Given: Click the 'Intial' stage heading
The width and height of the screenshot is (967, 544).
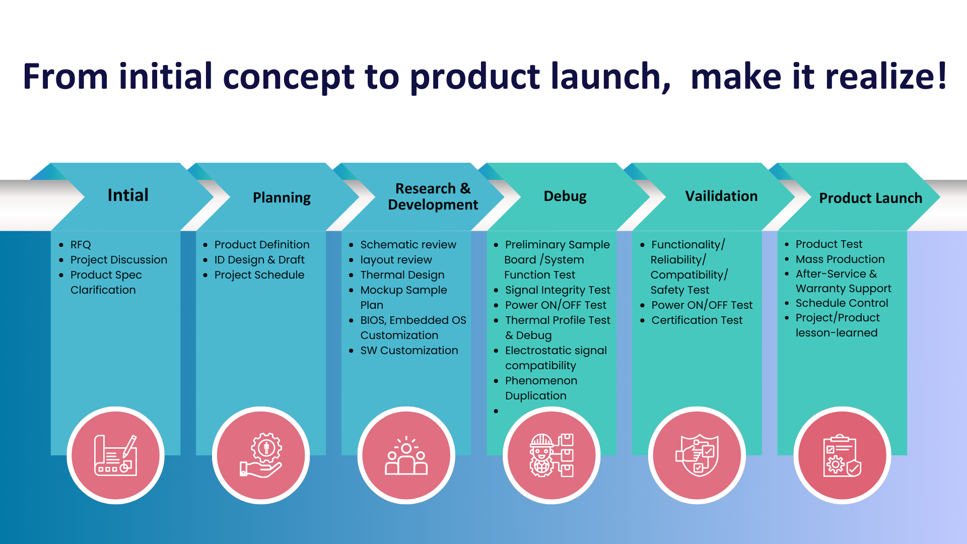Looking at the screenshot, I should (x=128, y=195).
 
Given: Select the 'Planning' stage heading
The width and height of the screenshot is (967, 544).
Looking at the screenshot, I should (x=282, y=198).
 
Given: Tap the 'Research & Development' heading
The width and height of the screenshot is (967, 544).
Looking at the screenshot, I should (x=433, y=196).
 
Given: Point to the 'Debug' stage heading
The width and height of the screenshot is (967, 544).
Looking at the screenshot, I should (x=565, y=196).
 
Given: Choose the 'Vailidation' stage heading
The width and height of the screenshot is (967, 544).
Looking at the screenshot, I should (x=721, y=196).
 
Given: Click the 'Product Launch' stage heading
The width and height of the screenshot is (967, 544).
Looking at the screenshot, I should (x=870, y=198).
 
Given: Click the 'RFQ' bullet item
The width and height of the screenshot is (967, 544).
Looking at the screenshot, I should (x=81, y=245).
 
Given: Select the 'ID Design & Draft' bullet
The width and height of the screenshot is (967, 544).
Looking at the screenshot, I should (x=259, y=260).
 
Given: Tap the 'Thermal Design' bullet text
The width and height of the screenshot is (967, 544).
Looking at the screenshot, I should (x=402, y=275).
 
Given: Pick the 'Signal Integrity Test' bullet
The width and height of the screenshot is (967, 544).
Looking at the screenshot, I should (x=558, y=290).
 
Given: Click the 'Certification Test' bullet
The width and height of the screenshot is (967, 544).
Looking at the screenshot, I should (x=697, y=320).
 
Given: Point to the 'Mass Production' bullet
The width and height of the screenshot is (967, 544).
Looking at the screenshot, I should (x=840, y=259).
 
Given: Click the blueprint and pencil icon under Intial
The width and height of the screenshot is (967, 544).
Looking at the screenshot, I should (x=116, y=455).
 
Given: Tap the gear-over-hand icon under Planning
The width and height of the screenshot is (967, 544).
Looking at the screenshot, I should (x=261, y=455).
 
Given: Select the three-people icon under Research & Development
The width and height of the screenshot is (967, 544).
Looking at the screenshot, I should (x=406, y=455).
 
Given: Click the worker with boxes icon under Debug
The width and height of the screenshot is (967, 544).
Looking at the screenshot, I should (x=551, y=455).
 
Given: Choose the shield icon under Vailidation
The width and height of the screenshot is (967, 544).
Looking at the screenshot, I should (x=697, y=455).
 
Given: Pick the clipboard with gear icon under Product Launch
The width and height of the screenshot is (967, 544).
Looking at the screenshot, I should (x=842, y=455).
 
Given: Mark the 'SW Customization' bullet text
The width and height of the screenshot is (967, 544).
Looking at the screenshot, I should (x=409, y=351).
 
